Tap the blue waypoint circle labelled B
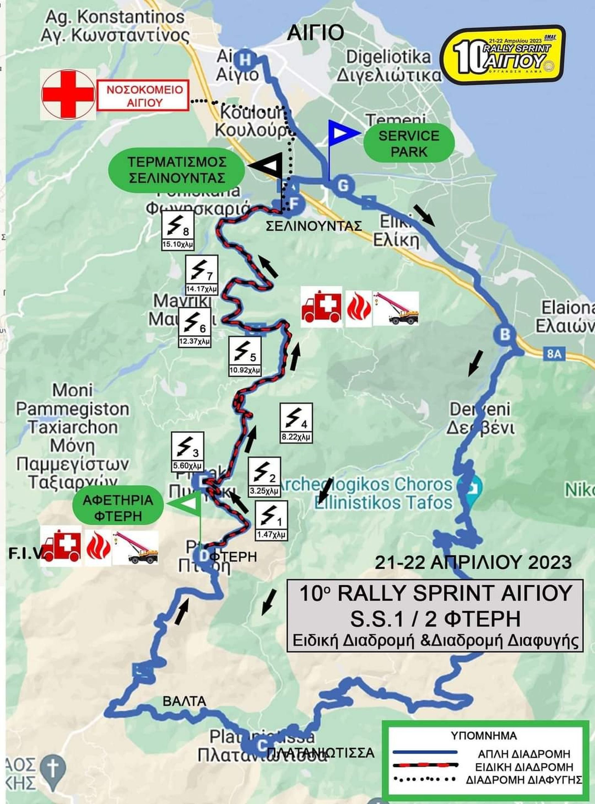tap(505, 335)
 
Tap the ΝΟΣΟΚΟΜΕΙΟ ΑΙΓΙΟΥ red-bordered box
tap(143, 96)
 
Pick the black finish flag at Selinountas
tap(269, 165)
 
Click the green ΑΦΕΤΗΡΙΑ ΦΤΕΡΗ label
tap(118, 508)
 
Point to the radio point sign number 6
tap(195, 327)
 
